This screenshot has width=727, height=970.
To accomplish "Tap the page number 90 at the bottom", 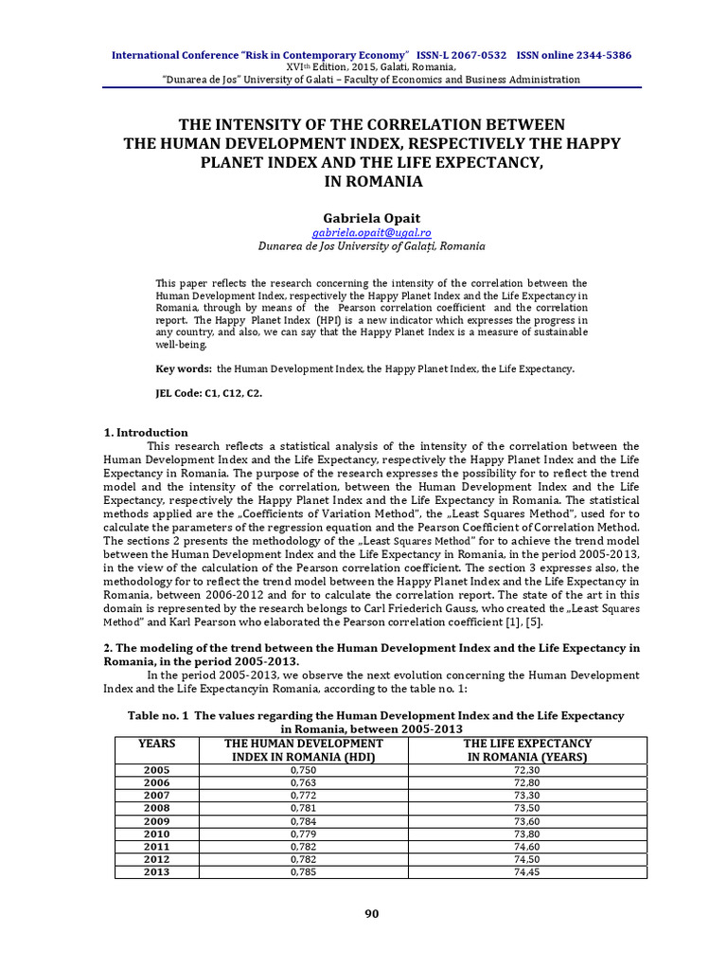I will [x=372, y=913].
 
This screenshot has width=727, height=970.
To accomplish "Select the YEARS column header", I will [x=156, y=745].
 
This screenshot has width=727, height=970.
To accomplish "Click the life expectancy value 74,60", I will [x=527, y=846].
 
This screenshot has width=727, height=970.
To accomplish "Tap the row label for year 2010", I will [x=156, y=834].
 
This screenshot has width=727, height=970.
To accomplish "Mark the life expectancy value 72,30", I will [x=527, y=771].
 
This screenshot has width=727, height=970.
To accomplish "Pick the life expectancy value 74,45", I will [x=527, y=871].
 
